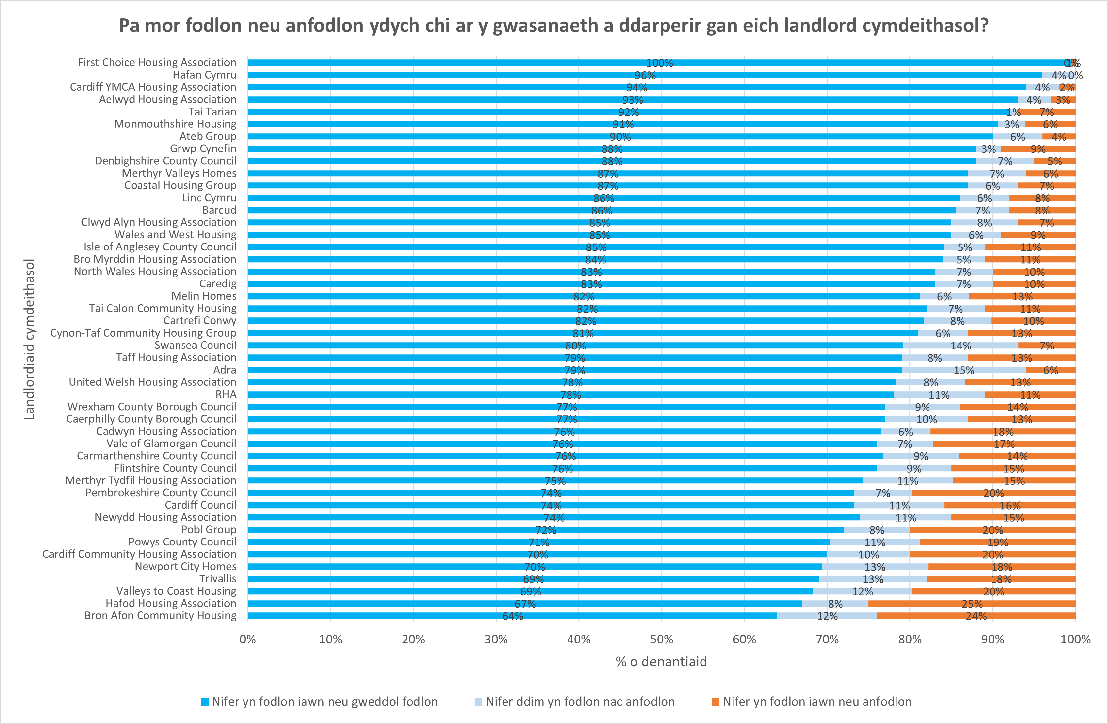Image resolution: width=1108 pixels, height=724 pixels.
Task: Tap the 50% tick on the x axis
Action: coord(662,639)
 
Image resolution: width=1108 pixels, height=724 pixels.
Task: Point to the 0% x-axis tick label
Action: coord(248,639)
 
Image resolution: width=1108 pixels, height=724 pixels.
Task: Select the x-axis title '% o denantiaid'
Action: coord(661,662)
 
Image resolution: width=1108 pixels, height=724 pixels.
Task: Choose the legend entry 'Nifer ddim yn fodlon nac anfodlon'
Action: coord(580,702)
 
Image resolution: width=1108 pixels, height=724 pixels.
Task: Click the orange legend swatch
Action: coord(716,702)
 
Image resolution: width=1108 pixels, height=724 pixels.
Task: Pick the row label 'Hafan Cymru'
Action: coord(204,75)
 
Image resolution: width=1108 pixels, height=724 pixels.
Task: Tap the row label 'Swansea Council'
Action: coord(196,346)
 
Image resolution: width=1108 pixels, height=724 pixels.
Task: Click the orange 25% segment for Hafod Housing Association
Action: coord(972,604)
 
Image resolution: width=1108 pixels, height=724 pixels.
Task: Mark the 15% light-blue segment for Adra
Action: coord(964,370)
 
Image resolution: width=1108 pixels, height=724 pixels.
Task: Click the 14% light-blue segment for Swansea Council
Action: coord(961,346)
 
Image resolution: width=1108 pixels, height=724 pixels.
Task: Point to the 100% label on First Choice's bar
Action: coord(659,63)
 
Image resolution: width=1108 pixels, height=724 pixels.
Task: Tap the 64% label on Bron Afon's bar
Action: coord(512,616)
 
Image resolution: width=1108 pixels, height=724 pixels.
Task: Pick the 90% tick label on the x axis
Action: coord(993,639)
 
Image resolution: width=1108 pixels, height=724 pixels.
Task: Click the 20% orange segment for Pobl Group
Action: coord(993,530)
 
